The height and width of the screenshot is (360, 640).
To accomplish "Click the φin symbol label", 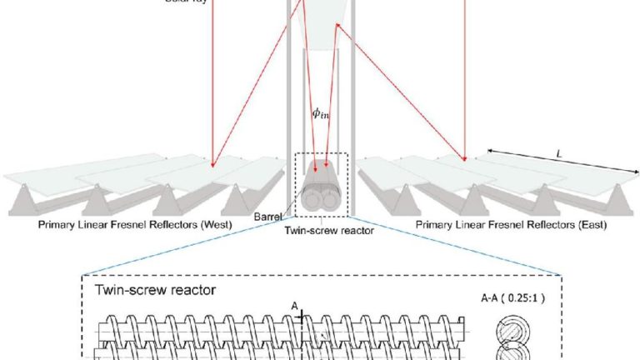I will click(x=321, y=115).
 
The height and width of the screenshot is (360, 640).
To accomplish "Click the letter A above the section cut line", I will click(x=294, y=305).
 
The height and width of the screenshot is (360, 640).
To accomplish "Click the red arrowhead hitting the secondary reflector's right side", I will click(x=337, y=27).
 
